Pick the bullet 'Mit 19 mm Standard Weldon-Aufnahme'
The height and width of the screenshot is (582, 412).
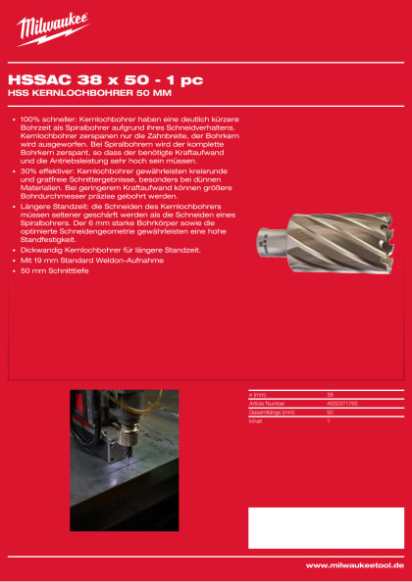[x=87, y=260]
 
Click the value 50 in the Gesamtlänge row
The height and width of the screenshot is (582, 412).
[x=331, y=411]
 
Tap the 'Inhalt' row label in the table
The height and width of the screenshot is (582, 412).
[x=257, y=419]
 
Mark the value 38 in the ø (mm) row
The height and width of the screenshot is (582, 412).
[x=331, y=394]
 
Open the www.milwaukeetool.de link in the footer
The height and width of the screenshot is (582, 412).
[x=355, y=565]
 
